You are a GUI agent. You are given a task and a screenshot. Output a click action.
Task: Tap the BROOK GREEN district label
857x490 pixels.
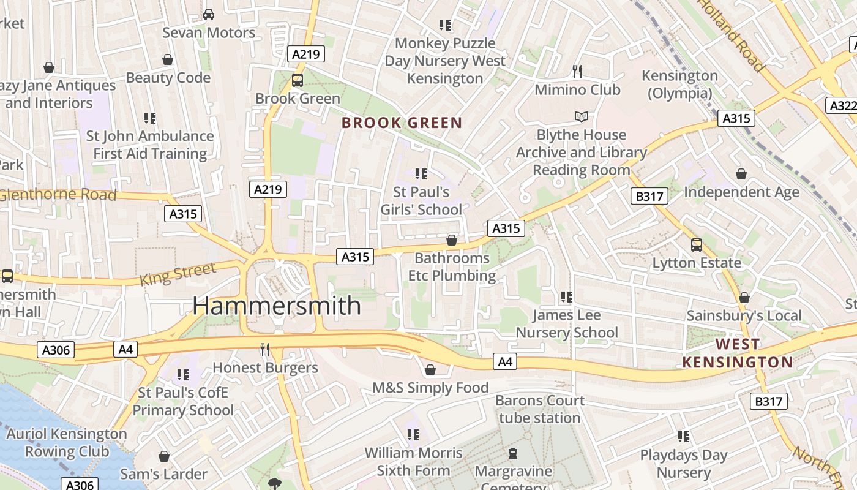click(402, 123)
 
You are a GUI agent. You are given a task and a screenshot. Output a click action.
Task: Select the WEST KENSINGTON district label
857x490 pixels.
click(738, 353)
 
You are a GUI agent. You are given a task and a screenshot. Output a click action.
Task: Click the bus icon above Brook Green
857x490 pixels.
click(298, 80)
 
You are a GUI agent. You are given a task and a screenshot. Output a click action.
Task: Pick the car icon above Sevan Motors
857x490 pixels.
click(209, 14)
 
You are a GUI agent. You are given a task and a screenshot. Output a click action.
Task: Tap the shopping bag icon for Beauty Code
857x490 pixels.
click(168, 59)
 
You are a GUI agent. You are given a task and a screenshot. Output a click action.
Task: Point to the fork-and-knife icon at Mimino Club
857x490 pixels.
click(577, 71)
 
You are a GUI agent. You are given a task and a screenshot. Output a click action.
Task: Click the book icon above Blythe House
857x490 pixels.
click(581, 116)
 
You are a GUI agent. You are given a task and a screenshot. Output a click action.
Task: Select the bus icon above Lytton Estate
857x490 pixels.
click(696, 245)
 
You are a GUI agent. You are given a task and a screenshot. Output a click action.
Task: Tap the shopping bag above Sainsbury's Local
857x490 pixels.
click(744, 298)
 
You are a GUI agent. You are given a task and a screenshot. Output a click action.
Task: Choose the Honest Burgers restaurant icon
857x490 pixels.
click(265, 350)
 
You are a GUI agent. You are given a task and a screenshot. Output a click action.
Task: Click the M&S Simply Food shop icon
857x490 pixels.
click(430, 370)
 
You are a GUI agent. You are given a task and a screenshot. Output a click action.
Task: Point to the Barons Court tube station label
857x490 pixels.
click(540, 409)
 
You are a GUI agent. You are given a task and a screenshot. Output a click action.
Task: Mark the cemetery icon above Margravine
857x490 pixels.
click(513, 453)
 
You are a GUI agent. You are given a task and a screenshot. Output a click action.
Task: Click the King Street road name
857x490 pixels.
click(178, 274)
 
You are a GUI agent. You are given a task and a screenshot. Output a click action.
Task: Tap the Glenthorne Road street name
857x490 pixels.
click(58, 195)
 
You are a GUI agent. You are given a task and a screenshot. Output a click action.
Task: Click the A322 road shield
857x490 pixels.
click(842, 105)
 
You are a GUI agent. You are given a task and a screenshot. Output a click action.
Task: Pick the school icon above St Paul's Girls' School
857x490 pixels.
click(421, 174)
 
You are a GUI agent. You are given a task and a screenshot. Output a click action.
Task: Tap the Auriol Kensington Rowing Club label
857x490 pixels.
click(67, 443)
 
